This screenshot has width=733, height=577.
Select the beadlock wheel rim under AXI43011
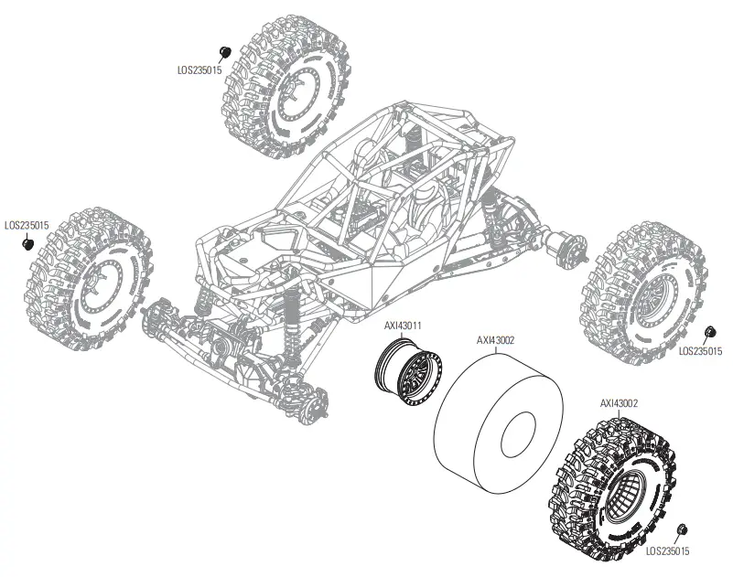tap(409, 369)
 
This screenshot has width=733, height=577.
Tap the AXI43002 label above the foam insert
tap(495, 339)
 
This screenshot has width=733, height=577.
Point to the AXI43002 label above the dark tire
tap(619, 401)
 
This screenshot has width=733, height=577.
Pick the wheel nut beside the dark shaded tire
tap(683, 529)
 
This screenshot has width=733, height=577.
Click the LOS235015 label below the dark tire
tap(667, 551)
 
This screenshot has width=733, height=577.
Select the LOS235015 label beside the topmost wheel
tap(200, 68)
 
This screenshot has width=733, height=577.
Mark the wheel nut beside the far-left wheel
tap(27, 244)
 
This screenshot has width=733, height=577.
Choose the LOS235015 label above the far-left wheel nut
tap(27, 224)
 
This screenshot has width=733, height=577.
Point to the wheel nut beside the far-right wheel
tap(710, 331)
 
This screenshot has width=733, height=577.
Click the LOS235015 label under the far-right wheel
tap(700, 350)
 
